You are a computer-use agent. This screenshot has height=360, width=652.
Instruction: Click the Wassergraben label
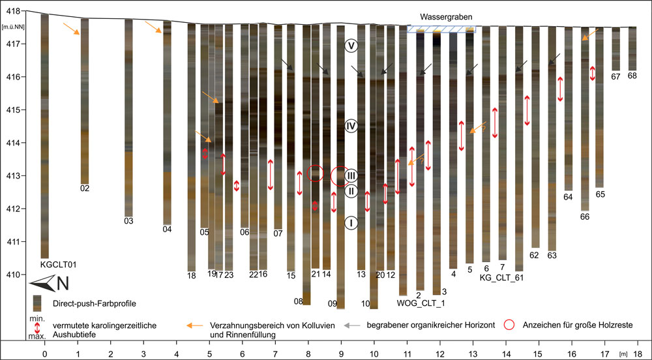point(445,16)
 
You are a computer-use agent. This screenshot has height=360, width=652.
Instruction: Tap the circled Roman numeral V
point(351,46)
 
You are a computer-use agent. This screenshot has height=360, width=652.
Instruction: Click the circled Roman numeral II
point(351,191)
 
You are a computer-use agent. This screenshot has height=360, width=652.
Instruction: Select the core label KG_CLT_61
point(501,278)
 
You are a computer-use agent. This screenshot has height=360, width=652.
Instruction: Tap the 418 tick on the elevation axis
point(12,11)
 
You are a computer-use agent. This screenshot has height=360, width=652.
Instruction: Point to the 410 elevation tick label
point(12,275)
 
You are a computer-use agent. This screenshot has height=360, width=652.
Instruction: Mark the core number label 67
point(615,76)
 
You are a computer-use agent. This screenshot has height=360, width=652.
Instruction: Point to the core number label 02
point(85,189)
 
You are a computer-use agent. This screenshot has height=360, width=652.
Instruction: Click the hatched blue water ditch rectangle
point(441,29)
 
